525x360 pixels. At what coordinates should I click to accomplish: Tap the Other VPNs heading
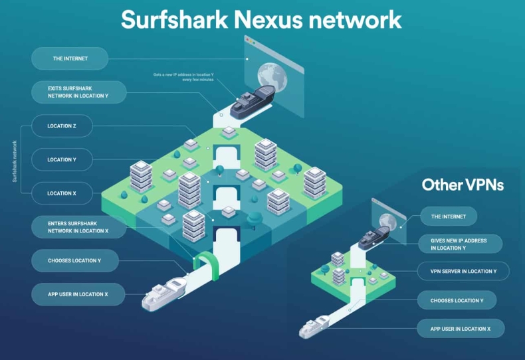pyautogui.click(x=463, y=185)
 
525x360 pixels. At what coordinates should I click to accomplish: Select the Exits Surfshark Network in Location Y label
pyautogui.click(x=78, y=92)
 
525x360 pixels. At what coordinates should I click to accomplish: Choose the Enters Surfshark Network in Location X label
pyautogui.click(x=78, y=226)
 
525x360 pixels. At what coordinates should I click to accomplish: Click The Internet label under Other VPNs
pyautogui.click(x=449, y=217)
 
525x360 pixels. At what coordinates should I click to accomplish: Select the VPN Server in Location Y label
pyautogui.click(x=463, y=271)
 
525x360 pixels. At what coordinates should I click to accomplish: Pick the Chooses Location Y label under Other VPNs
pyautogui.click(x=457, y=300)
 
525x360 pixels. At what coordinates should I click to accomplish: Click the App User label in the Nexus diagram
pyautogui.click(x=78, y=294)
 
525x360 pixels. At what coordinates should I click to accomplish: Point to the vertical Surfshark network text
pyautogui.click(x=15, y=160)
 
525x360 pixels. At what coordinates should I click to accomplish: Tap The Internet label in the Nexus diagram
pyautogui.click(x=70, y=58)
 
